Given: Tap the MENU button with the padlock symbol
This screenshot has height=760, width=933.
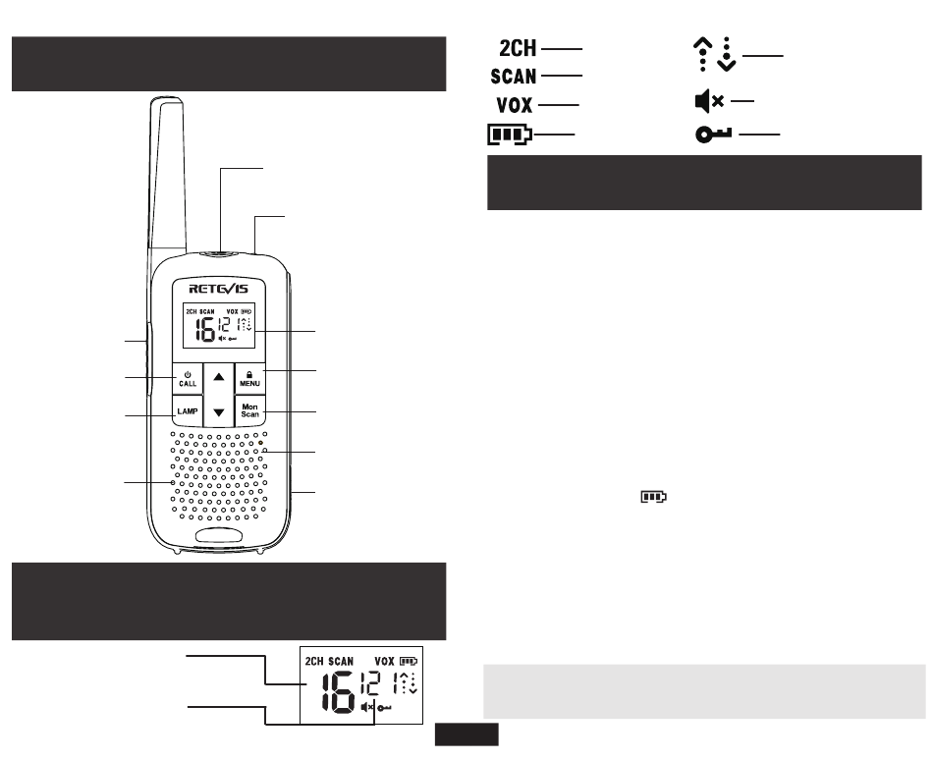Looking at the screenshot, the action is click(x=249, y=379).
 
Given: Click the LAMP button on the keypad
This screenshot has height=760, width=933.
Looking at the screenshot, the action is click(x=188, y=410).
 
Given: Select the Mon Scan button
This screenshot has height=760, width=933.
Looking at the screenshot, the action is click(x=249, y=410).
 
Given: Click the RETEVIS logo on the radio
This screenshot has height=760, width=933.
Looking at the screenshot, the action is click(x=218, y=289).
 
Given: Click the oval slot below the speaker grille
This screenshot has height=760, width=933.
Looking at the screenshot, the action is click(x=219, y=535).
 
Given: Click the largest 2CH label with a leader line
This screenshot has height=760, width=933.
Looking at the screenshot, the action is click(x=518, y=48).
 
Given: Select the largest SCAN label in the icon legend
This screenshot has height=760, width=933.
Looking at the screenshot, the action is click(x=514, y=77).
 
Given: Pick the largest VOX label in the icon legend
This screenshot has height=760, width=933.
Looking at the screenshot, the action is click(x=515, y=105).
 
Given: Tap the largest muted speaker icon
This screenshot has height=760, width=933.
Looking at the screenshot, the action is click(x=709, y=101).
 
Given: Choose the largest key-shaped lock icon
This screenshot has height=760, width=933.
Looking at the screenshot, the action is click(x=713, y=135).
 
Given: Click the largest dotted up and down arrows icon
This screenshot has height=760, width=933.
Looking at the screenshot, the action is click(x=715, y=54).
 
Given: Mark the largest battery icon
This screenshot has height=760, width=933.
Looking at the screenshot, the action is click(x=510, y=135).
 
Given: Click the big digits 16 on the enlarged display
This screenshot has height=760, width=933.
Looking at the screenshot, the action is click(x=339, y=691).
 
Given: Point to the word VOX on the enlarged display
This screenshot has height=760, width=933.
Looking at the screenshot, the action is click(x=384, y=661).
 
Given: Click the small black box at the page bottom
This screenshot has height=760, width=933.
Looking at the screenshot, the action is click(x=466, y=734).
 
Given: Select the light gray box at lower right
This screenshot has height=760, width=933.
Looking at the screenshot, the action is click(x=704, y=691).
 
